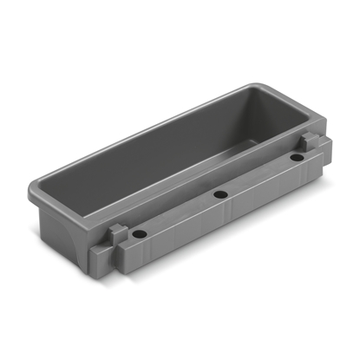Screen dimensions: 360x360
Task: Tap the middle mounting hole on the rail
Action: (x=219, y=193)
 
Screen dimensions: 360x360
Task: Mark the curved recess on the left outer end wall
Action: (x=61, y=230)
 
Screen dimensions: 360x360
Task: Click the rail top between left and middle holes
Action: (x=178, y=214)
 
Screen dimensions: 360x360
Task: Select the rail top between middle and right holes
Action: (x=258, y=176)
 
